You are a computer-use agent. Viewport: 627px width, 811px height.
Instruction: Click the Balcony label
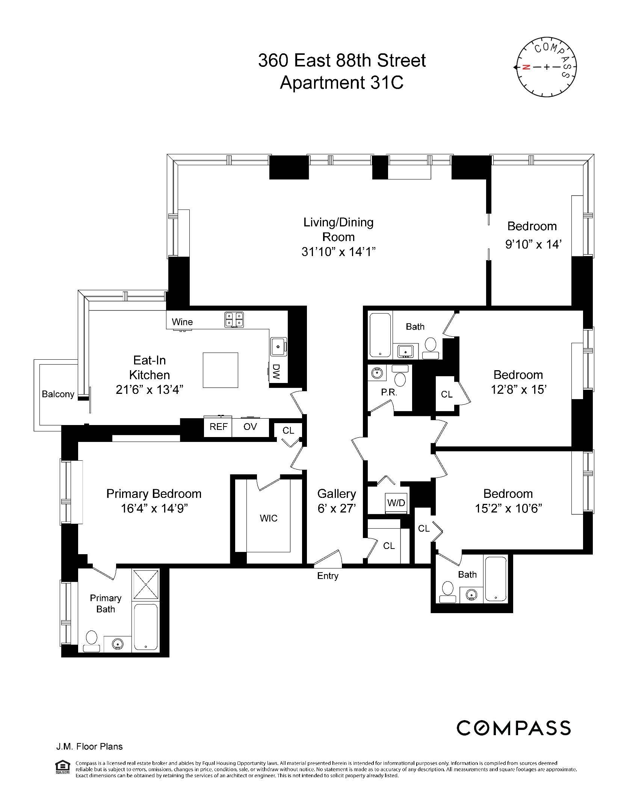coord(58,394)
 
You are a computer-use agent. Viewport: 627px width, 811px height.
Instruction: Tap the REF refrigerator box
coord(218,427)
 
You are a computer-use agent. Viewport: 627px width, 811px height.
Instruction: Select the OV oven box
coord(250,427)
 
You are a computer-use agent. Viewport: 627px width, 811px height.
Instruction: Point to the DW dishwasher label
coord(276,372)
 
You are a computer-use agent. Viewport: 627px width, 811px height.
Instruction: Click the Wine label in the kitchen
coord(182,322)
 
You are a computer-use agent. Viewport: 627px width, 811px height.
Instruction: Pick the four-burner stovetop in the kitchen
coord(234,320)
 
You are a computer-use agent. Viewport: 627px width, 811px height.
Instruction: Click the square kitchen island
coord(221,370)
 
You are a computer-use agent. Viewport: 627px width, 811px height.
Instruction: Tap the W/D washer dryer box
coord(396,503)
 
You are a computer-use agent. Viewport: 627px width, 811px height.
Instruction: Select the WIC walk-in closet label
coord(268,518)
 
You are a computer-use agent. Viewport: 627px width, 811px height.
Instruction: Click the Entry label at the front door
coord(328,576)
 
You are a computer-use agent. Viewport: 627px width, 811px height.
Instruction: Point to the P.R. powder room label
coord(389,392)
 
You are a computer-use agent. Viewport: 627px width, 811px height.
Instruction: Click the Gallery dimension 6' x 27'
coord(337,508)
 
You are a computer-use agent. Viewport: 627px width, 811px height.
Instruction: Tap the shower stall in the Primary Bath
coord(146,585)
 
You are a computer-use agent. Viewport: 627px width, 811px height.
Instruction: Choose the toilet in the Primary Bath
coord(92,639)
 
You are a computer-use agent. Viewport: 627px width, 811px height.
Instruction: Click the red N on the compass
coord(526,67)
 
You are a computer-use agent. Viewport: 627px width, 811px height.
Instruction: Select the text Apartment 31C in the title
coord(341,83)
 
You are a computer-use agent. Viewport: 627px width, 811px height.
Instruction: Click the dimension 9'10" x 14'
coord(533,244)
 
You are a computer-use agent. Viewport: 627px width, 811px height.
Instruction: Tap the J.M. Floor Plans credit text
coord(89,746)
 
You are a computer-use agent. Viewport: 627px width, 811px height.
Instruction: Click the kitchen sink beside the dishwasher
coord(278,346)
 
